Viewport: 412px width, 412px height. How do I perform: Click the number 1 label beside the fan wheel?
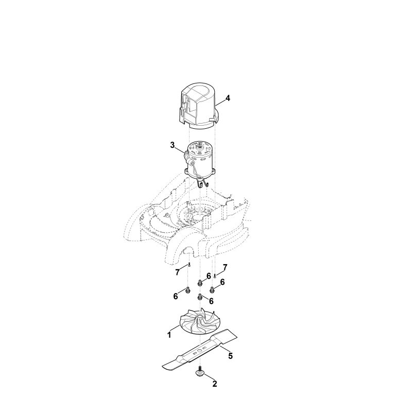click(x=169, y=335)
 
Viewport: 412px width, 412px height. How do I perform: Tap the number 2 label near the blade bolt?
click(x=215, y=384)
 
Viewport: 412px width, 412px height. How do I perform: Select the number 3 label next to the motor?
click(x=173, y=145)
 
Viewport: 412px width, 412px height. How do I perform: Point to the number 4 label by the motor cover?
click(x=228, y=98)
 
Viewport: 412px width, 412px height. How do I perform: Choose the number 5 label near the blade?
click(x=230, y=356)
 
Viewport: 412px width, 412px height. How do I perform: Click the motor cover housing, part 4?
click(x=199, y=108)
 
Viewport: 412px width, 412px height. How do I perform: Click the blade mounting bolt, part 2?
click(x=200, y=371)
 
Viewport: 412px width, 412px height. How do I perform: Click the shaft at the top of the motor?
click(x=202, y=147)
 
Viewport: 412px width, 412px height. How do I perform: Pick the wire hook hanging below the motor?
click(x=202, y=183)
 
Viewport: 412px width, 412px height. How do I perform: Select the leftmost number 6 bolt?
click(x=188, y=290)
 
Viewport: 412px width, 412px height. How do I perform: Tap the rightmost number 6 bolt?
click(x=212, y=289)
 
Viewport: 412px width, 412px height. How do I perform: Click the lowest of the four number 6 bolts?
click(x=200, y=297)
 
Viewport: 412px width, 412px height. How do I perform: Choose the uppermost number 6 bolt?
click(x=200, y=283)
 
